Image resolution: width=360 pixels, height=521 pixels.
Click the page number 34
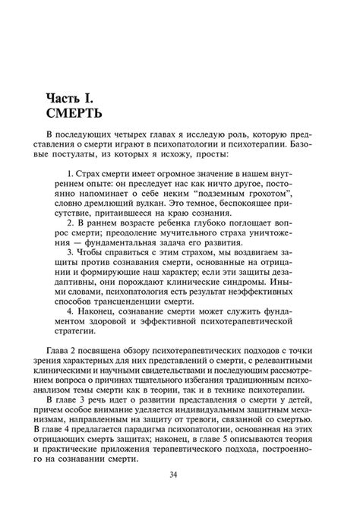tap(179, 477)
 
